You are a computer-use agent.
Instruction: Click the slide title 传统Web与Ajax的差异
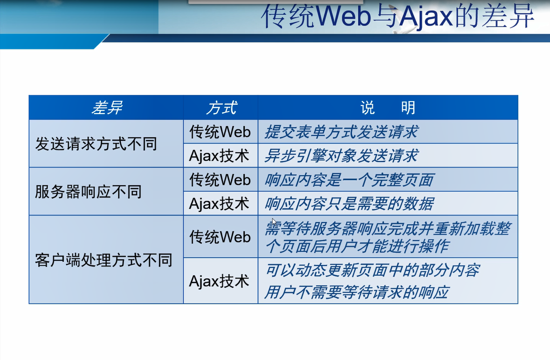[x=398, y=16]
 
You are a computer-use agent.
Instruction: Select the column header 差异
[x=107, y=108]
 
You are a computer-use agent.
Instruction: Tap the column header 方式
[x=221, y=108]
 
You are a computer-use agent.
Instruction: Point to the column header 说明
[x=388, y=108]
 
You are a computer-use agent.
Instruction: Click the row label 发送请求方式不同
[x=96, y=144]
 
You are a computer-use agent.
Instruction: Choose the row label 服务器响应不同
[x=88, y=192]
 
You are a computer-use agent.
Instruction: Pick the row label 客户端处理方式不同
[x=103, y=260]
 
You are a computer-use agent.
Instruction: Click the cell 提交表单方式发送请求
[x=341, y=132]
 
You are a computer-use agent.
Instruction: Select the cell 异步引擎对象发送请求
[x=341, y=156]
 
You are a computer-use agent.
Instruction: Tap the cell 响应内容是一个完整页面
[x=350, y=180]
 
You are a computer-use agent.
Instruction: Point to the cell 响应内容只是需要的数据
[x=350, y=204]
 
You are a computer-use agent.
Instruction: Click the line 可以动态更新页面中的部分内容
[x=372, y=270]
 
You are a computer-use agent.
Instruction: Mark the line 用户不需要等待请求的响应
[x=357, y=292]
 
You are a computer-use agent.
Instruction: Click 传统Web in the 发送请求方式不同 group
[x=220, y=132]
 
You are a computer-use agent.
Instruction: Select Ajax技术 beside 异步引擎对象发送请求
[x=219, y=156]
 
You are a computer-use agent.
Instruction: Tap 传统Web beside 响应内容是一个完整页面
[x=220, y=180]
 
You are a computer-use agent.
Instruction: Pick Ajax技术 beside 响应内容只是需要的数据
[x=219, y=204]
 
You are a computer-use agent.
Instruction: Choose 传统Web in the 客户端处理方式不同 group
[x=220, y=237]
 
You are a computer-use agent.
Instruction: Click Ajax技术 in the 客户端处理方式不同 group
[x=219, y=281]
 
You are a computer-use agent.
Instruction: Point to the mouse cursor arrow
[x=274, y=222]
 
